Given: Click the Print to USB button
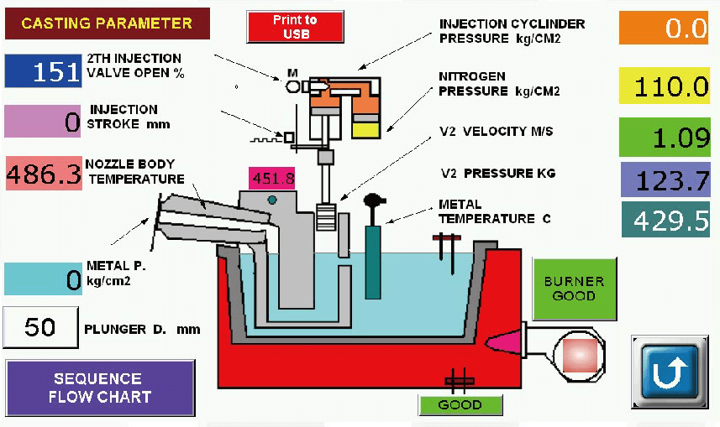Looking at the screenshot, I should [x=296, y=26].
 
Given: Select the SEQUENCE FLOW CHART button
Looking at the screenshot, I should [x=100, y=387].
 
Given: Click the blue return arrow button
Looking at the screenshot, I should [x=669, y=372].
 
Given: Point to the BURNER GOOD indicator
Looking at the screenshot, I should [x=574, y=289].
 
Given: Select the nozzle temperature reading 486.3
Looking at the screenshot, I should [x=44, y=174].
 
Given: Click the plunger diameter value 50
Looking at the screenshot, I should [x=40, y=327].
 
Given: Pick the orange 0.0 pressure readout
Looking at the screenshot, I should [x=665, y=28].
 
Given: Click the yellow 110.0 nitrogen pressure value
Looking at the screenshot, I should [x=665, y=86].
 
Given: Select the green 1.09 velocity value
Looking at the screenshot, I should [x=665, y=137].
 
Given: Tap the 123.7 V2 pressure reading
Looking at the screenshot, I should [x=665, y=180].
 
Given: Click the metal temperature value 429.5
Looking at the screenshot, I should [x=665, y=220].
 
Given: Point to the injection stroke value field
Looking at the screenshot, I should [x=43, y=121].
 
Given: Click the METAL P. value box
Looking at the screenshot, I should [x=43, y=279].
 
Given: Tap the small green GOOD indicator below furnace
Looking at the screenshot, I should [x=460, y=404].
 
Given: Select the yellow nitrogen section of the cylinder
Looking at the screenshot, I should [x=366, y=128].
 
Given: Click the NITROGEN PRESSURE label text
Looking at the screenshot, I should [x=499, y=83].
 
